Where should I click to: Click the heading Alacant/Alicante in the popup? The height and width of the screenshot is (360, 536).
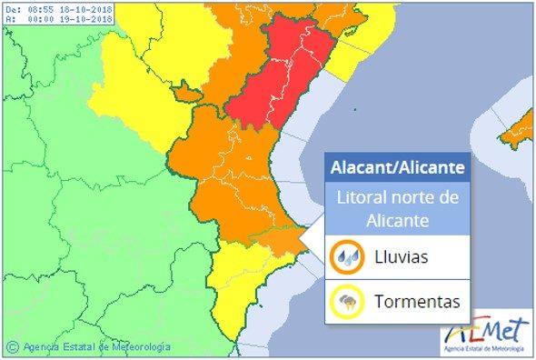pos(397,168)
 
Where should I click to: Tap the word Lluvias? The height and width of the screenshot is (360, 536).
pos(401,257)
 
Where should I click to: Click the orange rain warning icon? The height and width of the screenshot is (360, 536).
pos(346,257)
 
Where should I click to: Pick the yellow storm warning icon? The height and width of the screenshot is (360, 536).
pos(346,301)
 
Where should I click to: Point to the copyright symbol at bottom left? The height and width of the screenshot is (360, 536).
pos(12,346)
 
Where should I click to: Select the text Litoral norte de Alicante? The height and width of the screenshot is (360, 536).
pos(397,208)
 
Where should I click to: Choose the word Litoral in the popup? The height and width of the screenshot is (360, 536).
pos(361,198)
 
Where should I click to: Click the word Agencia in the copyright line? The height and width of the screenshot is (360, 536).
pos(41,346)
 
